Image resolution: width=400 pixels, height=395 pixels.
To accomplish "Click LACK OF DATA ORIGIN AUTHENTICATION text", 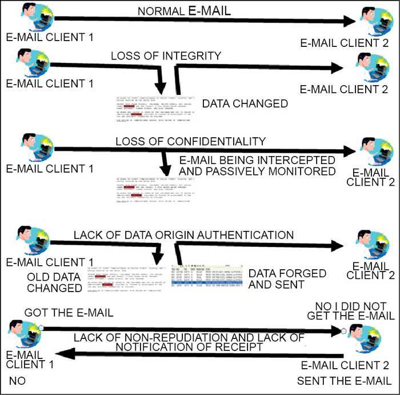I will [183, 234].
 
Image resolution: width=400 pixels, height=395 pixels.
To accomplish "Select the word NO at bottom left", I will [15, 380].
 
